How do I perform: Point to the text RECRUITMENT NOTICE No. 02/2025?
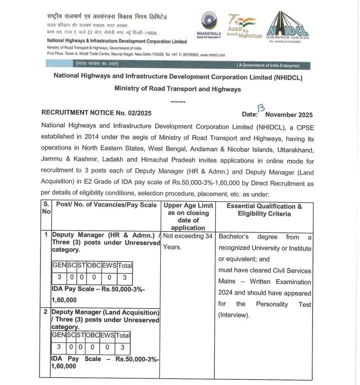[96, 114]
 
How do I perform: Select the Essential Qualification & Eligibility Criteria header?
[264, 210]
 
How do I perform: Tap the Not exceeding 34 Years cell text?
[187, 241]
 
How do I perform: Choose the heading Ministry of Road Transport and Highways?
[177, 89]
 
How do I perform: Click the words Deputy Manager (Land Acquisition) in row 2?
[106, 313]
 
